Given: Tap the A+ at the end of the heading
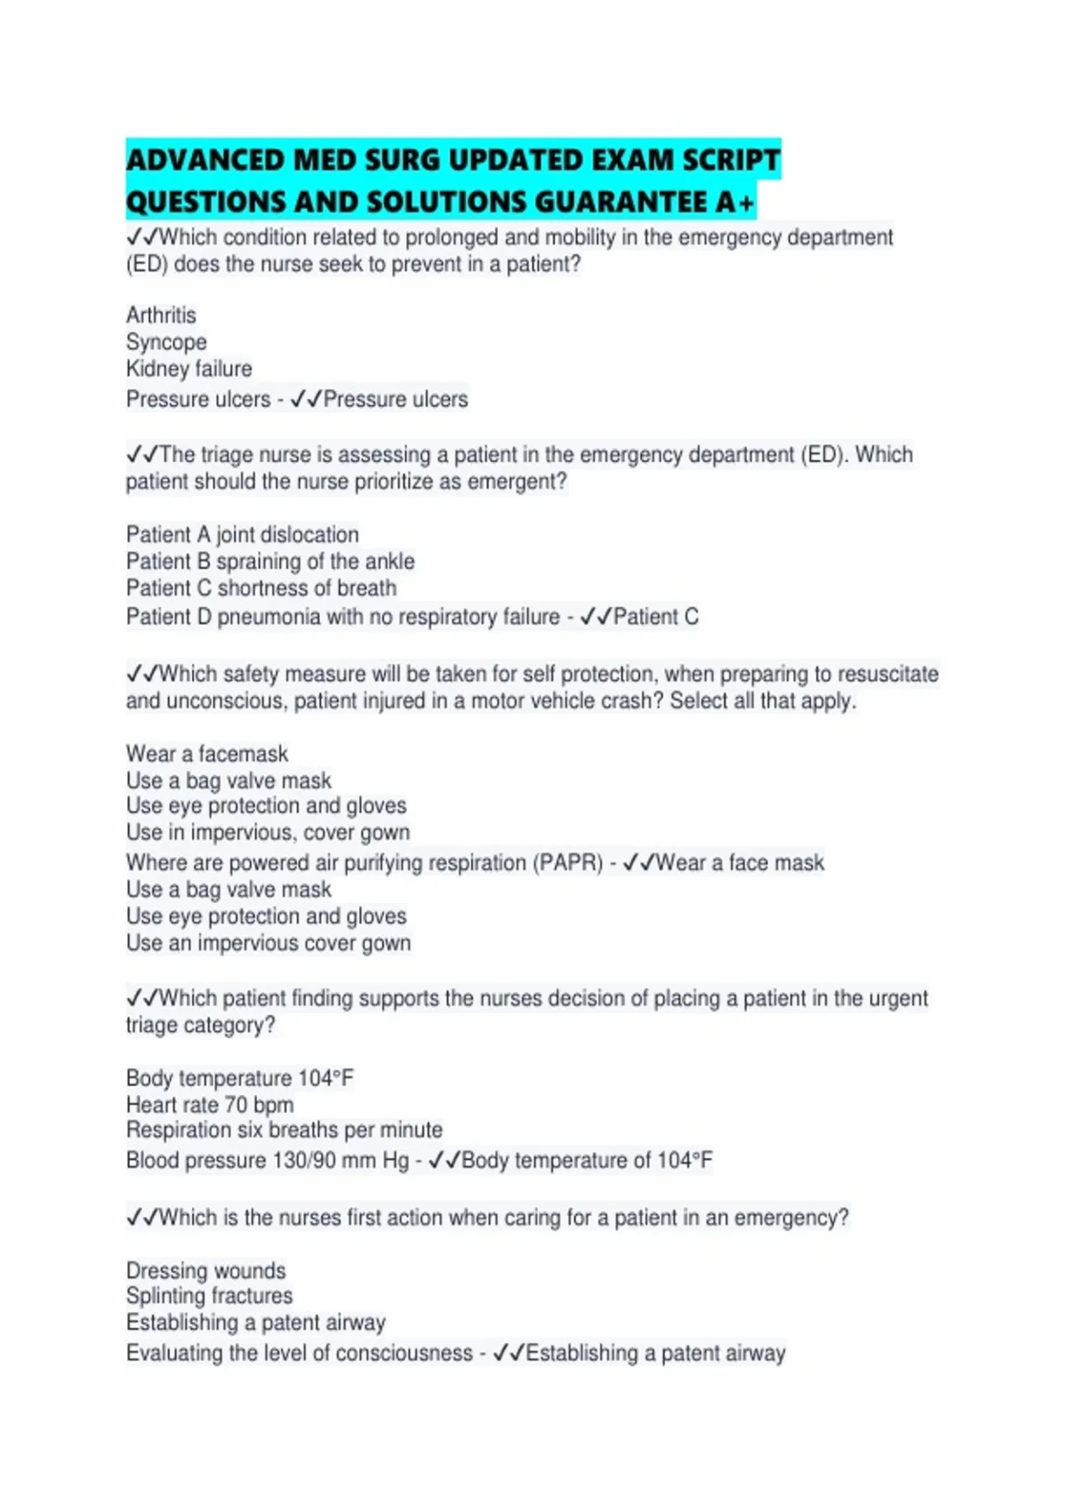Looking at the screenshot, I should tap(734, 203).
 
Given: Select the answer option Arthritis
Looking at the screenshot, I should tap(161, 316).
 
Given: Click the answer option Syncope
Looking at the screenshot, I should tap(166, 342).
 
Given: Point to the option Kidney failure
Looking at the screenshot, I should tap(189, 369).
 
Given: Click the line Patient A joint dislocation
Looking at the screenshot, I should tap(242, 534).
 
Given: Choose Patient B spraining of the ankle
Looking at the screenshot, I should tap(269, 562).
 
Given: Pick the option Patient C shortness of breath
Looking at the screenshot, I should tap(261, 588).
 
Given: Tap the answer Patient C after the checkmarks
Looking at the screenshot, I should tap(655, 617).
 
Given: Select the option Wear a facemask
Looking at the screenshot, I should tap(206, 754).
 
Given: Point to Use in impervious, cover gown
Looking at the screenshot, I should tap(268, 833).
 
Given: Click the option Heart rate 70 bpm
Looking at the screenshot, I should tap(209, 1105).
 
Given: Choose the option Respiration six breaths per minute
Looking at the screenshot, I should tap(284, 1131).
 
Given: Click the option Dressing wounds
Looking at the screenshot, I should tap(205, 1270).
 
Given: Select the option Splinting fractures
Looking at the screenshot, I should tap(209, 1296).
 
